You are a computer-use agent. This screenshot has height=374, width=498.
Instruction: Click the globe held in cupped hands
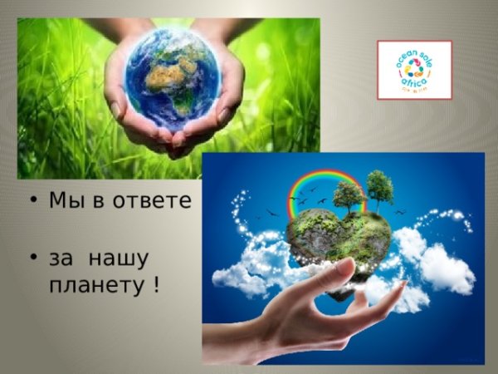172,78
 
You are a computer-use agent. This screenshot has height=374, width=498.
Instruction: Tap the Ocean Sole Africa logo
414,70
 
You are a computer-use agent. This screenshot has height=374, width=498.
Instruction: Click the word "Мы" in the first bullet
61,201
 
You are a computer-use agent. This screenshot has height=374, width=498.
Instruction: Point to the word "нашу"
120,258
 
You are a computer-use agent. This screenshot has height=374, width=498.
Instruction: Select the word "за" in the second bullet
61,258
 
